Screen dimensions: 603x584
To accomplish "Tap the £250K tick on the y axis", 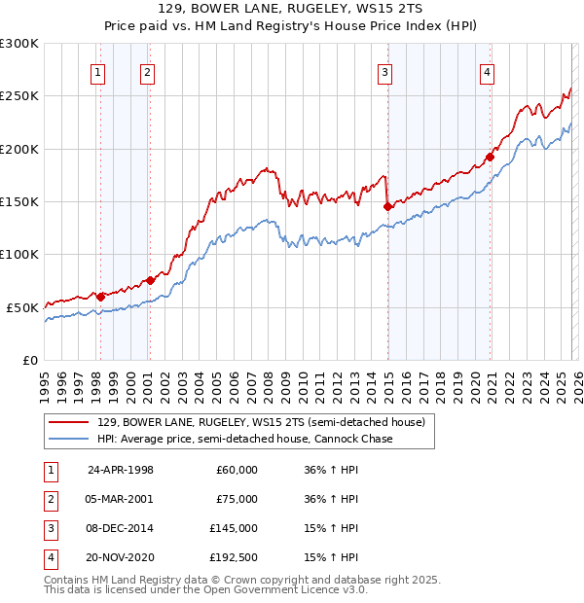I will [19, 96].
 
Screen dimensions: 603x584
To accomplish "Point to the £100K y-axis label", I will [19, 254].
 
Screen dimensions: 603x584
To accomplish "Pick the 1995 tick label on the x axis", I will [45, 380].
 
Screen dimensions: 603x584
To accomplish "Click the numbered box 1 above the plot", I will [98, 71].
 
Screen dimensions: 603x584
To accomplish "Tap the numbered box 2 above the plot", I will [147, 71].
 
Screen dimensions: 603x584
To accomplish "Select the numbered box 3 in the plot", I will [385, 71].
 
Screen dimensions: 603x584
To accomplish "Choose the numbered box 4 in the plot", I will [487, 71].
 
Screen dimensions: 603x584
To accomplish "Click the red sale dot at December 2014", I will [387, 206].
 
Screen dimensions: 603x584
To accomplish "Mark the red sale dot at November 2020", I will [491, 157].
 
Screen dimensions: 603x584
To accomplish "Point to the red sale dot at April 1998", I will [100, 296].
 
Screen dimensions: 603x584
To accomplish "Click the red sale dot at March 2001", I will [150, 280].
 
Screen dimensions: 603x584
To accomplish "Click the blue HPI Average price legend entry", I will [243, 440].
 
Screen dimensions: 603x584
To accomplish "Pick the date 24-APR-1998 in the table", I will [121, 470].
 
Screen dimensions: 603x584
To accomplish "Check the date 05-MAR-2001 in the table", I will [121, 499].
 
